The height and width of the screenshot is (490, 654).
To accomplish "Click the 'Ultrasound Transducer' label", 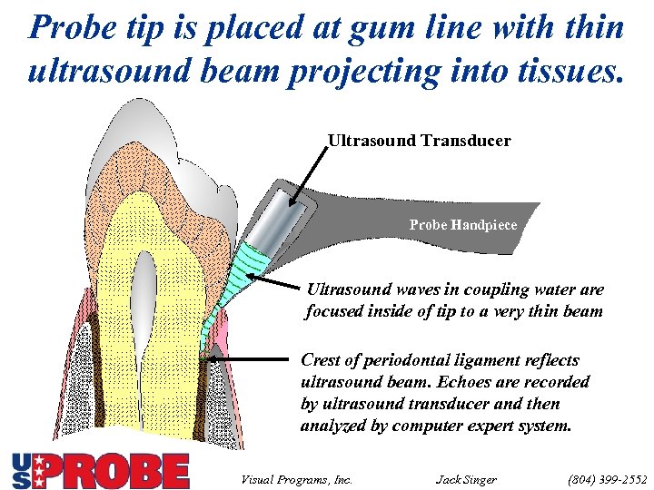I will coord(419,142).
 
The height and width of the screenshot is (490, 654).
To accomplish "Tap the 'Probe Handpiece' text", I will coord(462,224).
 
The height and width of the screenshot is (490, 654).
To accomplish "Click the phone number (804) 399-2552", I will coord(609,478).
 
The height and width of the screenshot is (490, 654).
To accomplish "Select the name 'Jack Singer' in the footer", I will coord(466,478).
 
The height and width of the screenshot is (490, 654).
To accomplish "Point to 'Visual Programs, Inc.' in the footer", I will coord(296,478).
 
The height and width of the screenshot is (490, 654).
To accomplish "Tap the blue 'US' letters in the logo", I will coord(23,471).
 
